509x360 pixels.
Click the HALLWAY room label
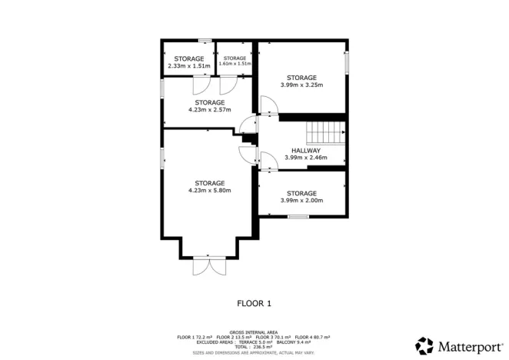click(x=305, y=150)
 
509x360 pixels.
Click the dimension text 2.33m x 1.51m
click(x=188, y=66)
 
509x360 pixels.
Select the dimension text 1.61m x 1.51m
click(x=235, y=64)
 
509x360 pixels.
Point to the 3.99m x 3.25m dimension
click(x=301, y=85)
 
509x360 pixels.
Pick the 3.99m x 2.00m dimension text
click(x=301, y=201)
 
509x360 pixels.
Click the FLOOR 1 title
click(x=254, y=303)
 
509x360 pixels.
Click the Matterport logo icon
click(x=424, y=345)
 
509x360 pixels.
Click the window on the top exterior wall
click(x=205, y=40)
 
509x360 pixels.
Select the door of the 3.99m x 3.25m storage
click(x=265, y=105)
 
